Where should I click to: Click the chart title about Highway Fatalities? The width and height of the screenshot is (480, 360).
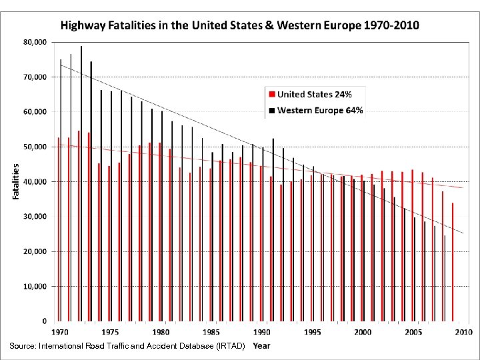240,25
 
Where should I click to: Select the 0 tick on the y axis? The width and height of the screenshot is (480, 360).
44,321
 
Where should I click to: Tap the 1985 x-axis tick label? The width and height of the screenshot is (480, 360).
211,331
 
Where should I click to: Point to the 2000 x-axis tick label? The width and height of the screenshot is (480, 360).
363,331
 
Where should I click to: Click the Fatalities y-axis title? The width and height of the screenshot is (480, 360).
16,181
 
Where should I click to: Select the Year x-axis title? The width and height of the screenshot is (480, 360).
261,345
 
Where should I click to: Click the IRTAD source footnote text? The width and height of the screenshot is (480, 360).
127,346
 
